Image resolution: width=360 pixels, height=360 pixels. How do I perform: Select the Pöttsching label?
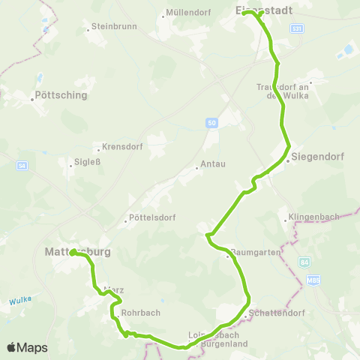pos(61,95)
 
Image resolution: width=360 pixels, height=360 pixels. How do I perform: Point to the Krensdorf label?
pos(120,148)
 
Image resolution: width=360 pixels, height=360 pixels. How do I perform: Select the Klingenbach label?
pos(313,218)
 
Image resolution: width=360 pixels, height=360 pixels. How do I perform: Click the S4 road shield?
pos(23,165)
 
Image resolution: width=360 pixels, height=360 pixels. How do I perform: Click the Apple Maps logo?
pos(27,347)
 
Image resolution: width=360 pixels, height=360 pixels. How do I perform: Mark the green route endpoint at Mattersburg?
pos(73,253)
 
